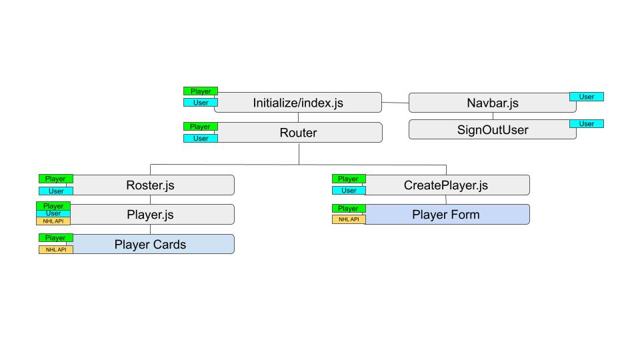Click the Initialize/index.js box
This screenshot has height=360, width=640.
tap(298, 103)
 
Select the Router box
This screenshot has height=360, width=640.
tap(298, 133)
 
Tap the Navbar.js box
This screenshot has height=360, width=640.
tap(492, 103)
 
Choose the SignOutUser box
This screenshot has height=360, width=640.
tap(492, 130)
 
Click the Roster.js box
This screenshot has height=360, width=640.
tap(151, 185)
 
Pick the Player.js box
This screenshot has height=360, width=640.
tap(151, 215)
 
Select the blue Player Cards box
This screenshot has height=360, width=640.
tap(151, 245)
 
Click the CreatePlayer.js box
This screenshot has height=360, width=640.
tap(446, 185)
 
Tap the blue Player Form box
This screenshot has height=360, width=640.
tap(446, 215)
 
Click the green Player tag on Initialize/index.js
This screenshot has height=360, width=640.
tap(201, 91)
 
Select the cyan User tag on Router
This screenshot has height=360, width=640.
tap(201, 139)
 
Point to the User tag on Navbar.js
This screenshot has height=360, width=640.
tap(587, 97)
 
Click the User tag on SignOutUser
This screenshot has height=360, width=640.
tap(587, 124)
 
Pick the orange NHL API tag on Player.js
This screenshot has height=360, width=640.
tap(53, 221)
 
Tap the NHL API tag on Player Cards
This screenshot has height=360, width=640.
tap(56, 250)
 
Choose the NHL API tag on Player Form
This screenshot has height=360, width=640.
tap(349, 219)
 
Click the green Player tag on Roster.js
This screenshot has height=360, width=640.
tap(55, 179)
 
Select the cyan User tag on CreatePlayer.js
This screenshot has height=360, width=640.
tap(349, 191)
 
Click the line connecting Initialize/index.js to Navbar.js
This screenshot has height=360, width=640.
tap(395, 103)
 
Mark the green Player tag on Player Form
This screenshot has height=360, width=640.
tap(349, 209)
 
